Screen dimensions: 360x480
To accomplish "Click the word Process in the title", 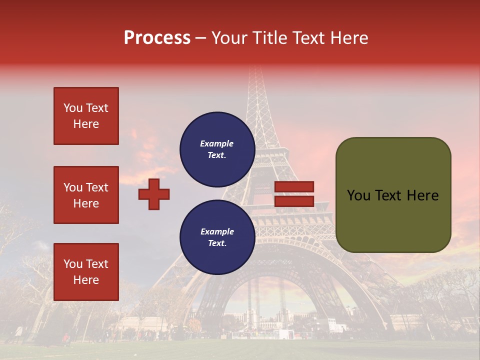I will (157, 38).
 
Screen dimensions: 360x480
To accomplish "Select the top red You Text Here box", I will (86, 116).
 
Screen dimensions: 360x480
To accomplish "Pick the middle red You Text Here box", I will (86, 195).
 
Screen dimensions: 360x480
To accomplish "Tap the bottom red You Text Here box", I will (86, 272).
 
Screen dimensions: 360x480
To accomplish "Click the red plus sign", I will (154, 194).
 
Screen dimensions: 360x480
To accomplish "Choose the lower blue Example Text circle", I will (217, 237).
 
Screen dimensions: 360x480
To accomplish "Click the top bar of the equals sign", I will (294, 186).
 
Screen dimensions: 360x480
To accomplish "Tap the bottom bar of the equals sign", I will (294, 201).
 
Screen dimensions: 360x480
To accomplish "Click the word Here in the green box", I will (422, 195).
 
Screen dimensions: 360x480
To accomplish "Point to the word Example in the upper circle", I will (217, 143).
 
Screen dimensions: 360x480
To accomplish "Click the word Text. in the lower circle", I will (217, 243).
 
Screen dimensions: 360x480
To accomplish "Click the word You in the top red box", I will (73, 108).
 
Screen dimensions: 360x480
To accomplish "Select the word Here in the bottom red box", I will (86, 280).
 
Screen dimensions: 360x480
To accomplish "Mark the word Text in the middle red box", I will (97, 187).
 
